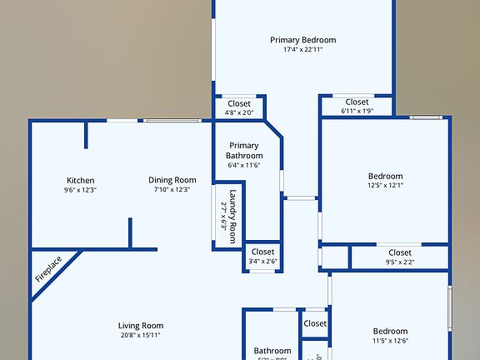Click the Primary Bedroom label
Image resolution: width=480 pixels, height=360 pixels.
pyautogui.click(x=303, y=39)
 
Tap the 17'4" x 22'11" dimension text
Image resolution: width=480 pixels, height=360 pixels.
pyautogui.click(x=303, y=49)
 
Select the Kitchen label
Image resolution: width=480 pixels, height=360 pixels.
pyautogui.click(x=81, y=180)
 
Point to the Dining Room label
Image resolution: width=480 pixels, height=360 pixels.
pyautogui.click(x=172, y=180)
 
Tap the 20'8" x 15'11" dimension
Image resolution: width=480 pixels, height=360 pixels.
pyautogui.click(x=140, y=336)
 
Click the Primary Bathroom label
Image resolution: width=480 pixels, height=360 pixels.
pyautogui.click(x=245, y=151)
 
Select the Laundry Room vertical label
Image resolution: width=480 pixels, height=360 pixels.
pyautogui.click(x=234, y=214)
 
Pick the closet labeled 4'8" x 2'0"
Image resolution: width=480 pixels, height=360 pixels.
pyautogui.click(x=239, y=103)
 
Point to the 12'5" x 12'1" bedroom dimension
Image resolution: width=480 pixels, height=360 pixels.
pyautogui.click(x=386, y=186)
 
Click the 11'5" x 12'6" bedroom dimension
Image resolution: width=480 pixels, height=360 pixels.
pyautogui.click(x=390, y=340)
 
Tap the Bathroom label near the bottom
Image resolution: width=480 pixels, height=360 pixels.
pyautogui.click(x=272, y=351)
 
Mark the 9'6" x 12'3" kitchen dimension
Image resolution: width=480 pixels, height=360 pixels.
pyautogui.click(x=81, y=190)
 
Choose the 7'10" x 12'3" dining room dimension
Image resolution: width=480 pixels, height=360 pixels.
pyautogui.click(x=172, y=190)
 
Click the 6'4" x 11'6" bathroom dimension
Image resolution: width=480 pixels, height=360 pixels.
pyautogui.click(x=245, y=165)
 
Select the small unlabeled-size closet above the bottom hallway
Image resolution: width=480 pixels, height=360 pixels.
pyautogui.click(x=315, y=323)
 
